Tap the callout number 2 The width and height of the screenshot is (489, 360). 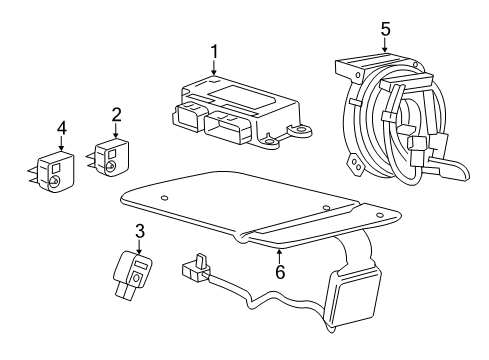[116, 115]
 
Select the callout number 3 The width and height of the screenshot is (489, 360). [139, 231]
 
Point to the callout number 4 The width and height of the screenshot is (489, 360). [61, 128]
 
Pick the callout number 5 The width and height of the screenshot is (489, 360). [385, 29]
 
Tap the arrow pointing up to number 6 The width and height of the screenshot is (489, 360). [279, 252]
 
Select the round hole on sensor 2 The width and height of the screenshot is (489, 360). [114, 166]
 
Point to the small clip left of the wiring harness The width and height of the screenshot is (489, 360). [194, 268]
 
